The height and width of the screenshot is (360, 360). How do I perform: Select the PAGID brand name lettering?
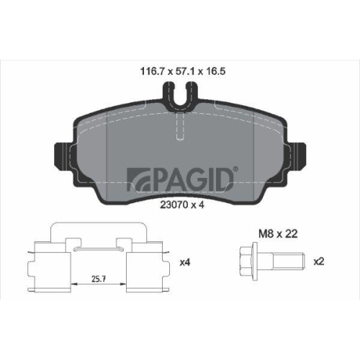coord(189,177)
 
